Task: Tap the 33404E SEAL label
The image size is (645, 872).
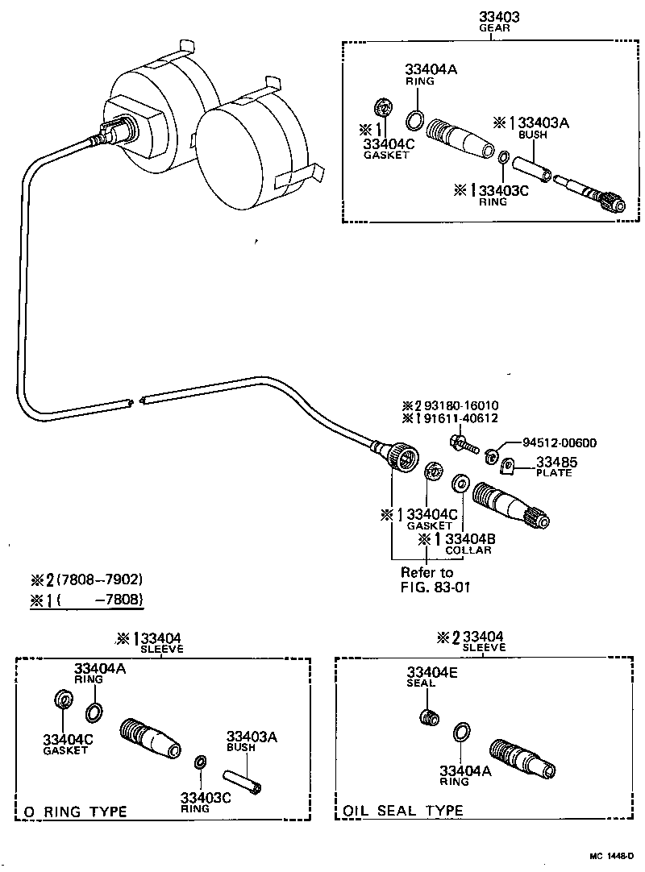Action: click(x=432, y=676)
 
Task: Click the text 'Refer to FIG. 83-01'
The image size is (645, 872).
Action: click(x=435, y=579)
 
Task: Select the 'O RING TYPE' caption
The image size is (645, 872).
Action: click(x=75, y=812)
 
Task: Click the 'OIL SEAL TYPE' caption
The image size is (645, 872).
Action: click(x=404, y=811)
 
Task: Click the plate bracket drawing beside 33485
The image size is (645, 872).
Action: click(x=507, y=467)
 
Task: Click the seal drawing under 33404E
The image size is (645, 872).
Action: click(x=432, y=716)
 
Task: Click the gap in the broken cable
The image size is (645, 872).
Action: click(x=135, y=399)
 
